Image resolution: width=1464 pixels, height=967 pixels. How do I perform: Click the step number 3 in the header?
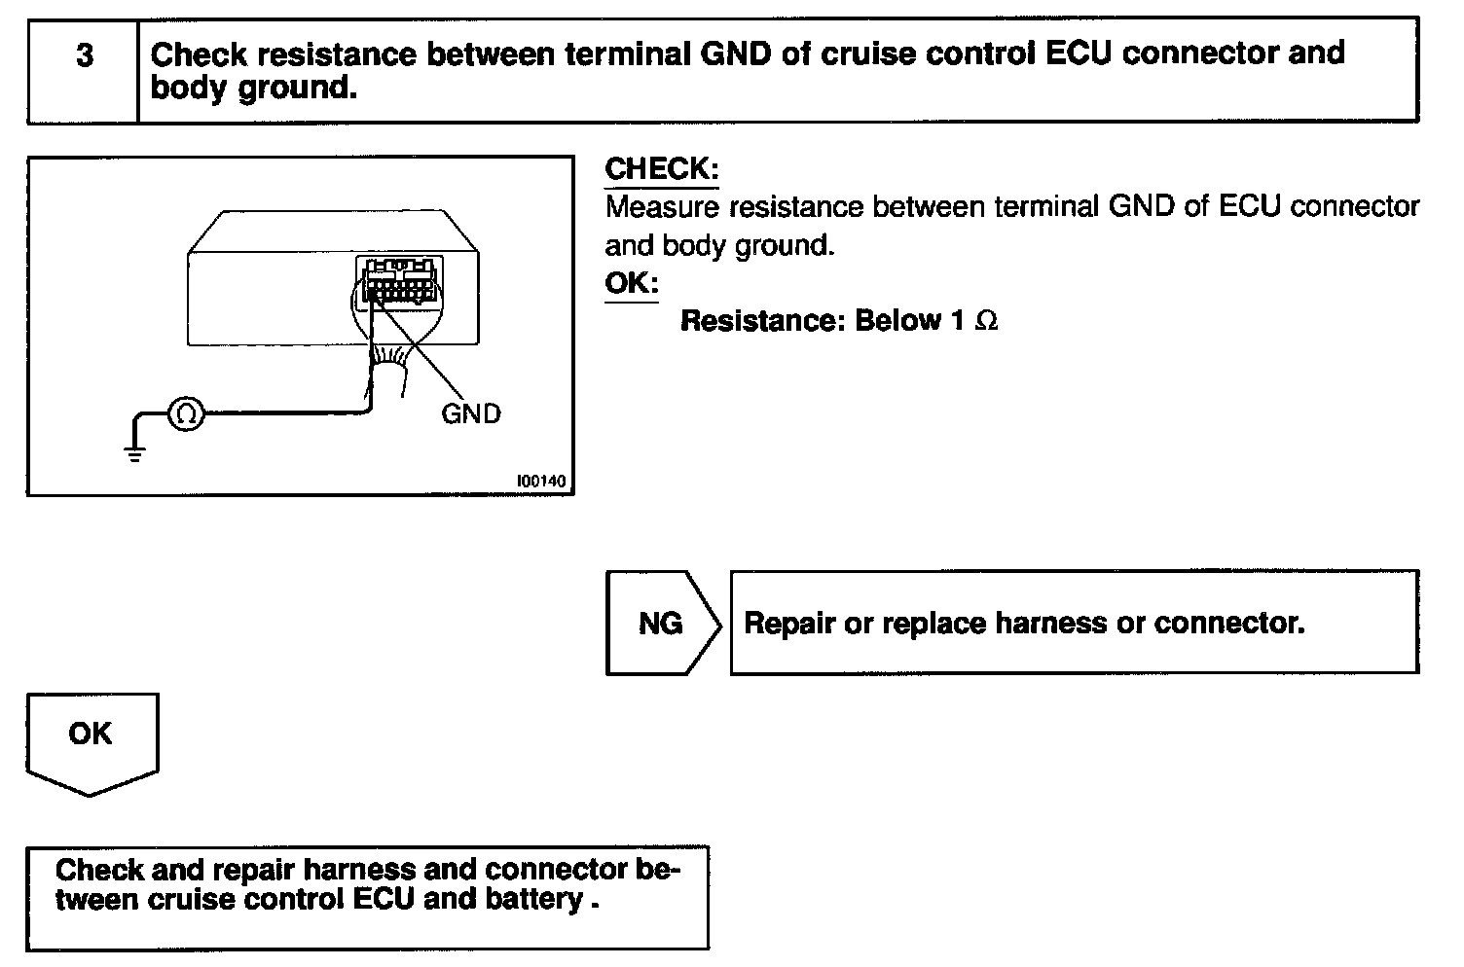[85, 55]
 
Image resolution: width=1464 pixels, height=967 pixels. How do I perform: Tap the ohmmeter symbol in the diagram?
[186, 413]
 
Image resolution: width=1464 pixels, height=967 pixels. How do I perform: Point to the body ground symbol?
[134, 453]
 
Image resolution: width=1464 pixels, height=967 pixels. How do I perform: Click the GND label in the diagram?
[470, 413]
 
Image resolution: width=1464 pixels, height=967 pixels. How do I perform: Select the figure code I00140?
[541, 481]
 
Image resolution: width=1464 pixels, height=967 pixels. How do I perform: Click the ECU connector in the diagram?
[399, 281]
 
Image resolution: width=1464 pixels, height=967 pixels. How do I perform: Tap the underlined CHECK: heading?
[661, 168]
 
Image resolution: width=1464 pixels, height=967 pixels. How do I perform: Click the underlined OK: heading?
[632, 283]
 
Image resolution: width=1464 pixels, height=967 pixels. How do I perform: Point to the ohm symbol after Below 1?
[986, 321]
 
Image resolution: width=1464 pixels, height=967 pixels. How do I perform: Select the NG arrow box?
[664, 623]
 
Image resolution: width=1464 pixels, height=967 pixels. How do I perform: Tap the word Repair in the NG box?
[789, 624]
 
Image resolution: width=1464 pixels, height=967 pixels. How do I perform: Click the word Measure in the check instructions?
[662, 207]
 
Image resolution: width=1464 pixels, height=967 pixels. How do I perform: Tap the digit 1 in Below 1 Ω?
[958, 321]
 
